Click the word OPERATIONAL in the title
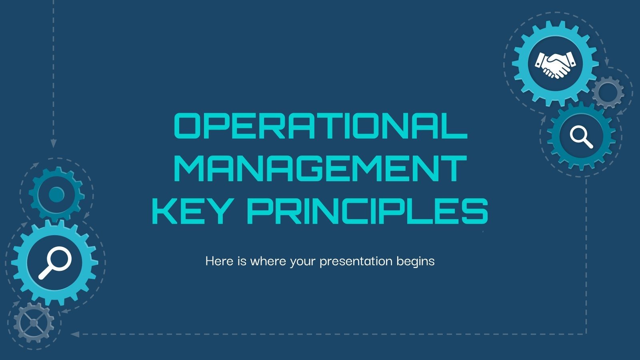coord(320,126)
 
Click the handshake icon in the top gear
coord(555,64)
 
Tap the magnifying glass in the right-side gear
coord(581,136)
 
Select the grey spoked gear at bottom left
coord(34,322)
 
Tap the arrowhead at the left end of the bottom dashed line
coord(74,334)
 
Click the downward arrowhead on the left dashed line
coord(53,143)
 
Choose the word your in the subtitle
coord(303,262)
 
